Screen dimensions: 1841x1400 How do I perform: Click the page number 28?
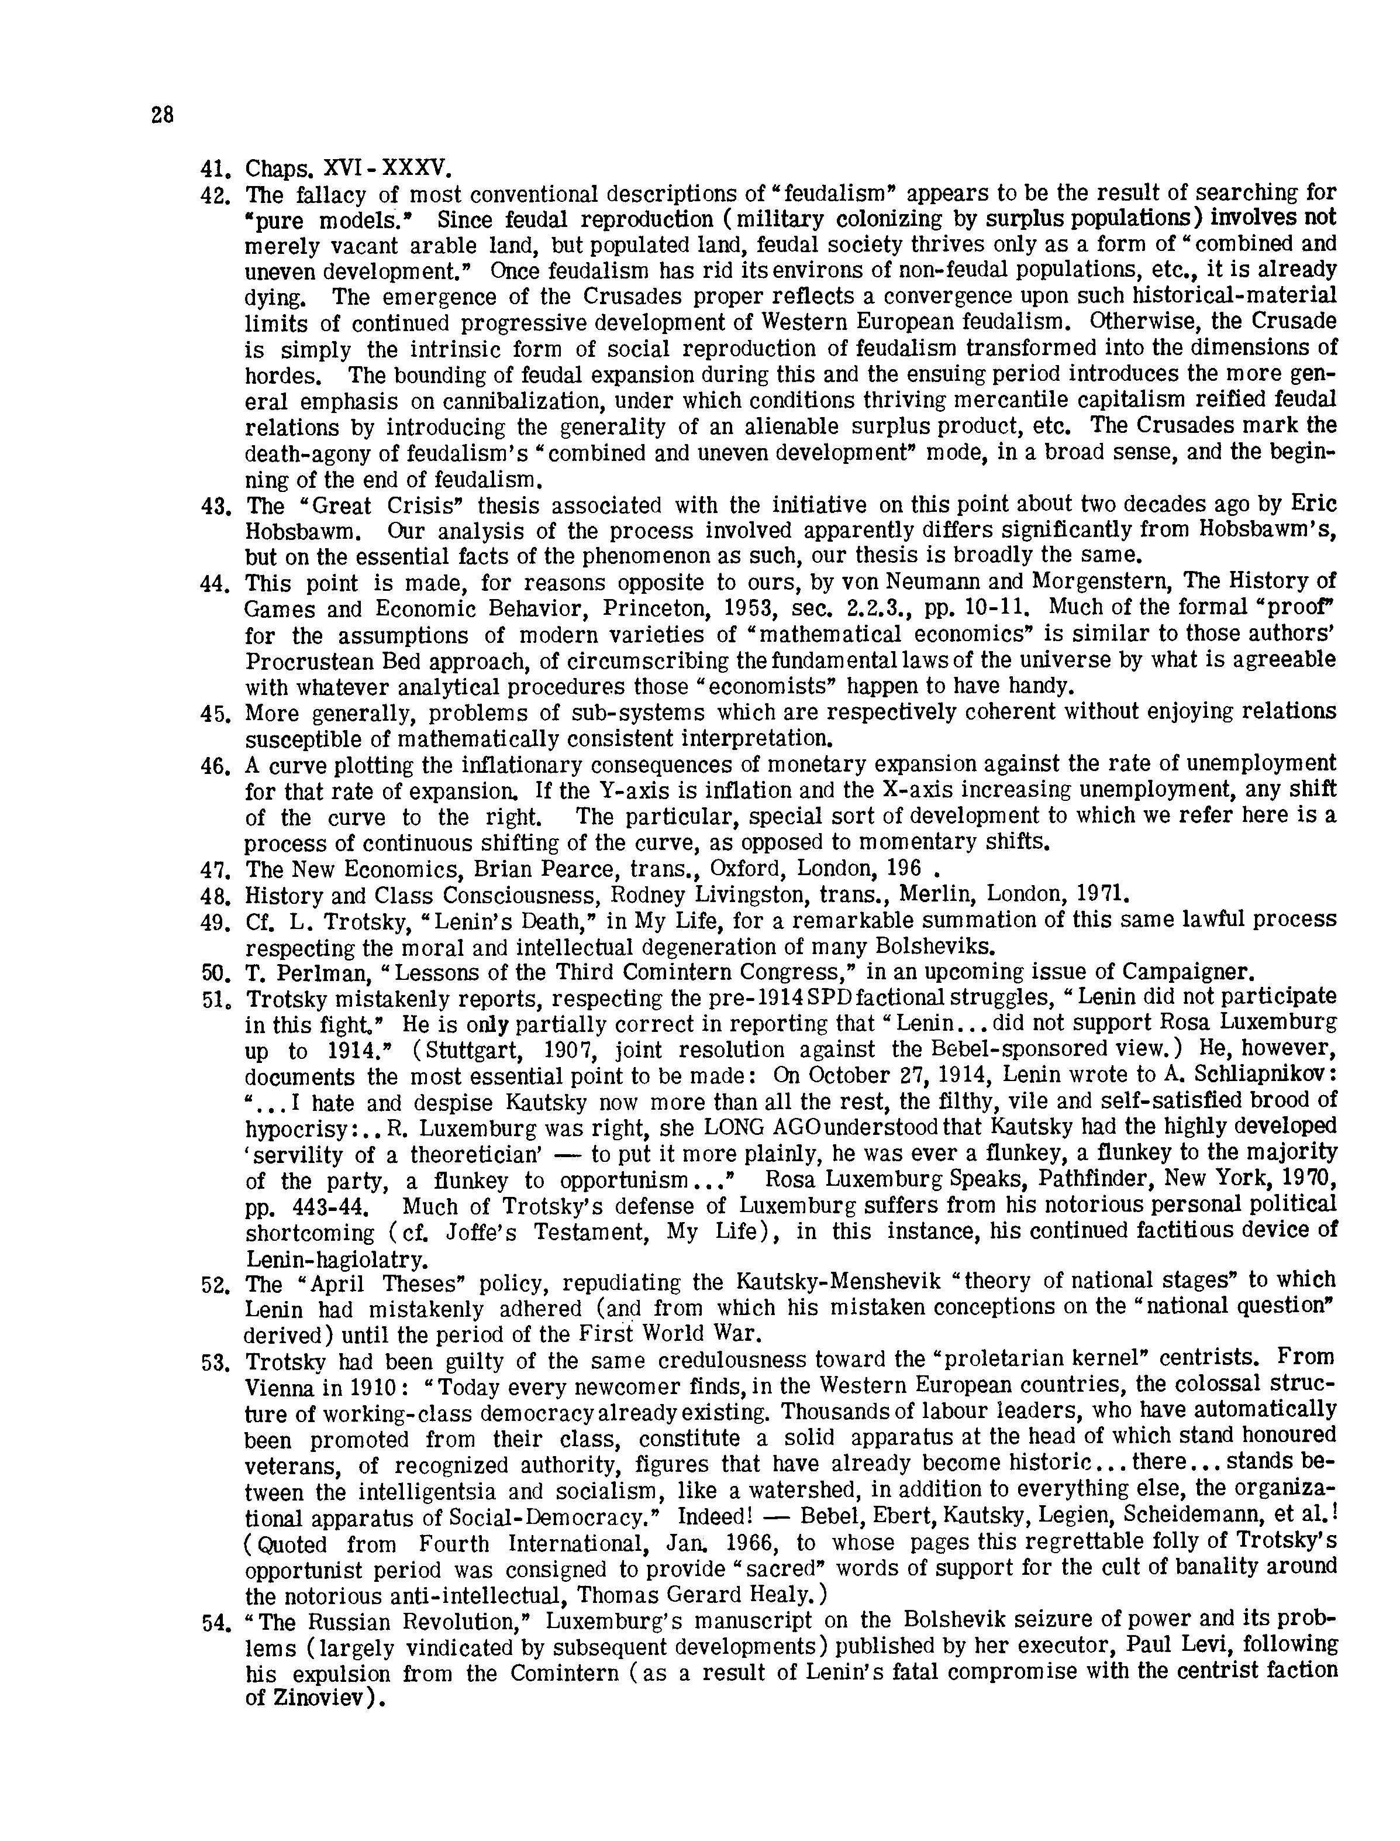coord(163,115)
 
